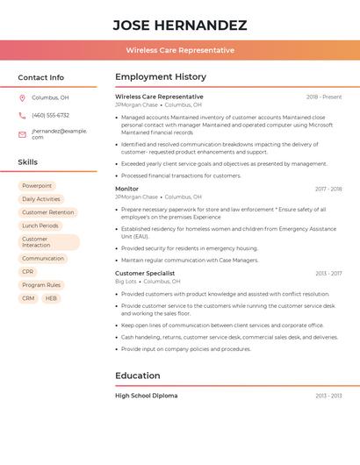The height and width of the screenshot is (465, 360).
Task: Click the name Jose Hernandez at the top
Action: (x=180, y=25)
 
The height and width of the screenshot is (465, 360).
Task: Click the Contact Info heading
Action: (x=41, y=77)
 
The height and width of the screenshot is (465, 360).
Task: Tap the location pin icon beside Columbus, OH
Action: (x=22, y=97)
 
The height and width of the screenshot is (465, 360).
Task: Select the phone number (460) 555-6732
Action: (x=50, y=115)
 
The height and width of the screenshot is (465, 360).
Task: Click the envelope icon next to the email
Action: (x=22, y=132)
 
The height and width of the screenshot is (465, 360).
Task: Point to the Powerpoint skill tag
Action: (x=37, y=186)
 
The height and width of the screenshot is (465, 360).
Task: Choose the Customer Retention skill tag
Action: (x=47, y=212)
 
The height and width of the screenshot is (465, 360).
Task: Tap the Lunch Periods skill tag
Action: (x=40, y=225)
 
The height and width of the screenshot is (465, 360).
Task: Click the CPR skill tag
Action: (x=28, y=272)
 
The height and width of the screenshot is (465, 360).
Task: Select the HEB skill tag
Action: (x=51, y=298)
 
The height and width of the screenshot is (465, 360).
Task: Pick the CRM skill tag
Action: (x=28, y=298)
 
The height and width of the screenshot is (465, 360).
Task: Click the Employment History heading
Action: (x=161, y=77)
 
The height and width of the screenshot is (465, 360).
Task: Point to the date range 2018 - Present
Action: (x=324, y=97)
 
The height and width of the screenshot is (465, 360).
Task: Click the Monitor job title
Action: (x=126, y=189)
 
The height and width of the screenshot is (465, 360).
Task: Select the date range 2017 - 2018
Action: (x=328, y=189)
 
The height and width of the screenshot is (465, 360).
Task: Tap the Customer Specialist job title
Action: (x=145, y=273)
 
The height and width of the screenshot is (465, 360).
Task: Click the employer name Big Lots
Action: (x=126, y=282)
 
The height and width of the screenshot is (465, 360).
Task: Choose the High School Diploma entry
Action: (x=146, y=396)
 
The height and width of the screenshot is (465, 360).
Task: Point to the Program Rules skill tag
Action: (x=41, y=285)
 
